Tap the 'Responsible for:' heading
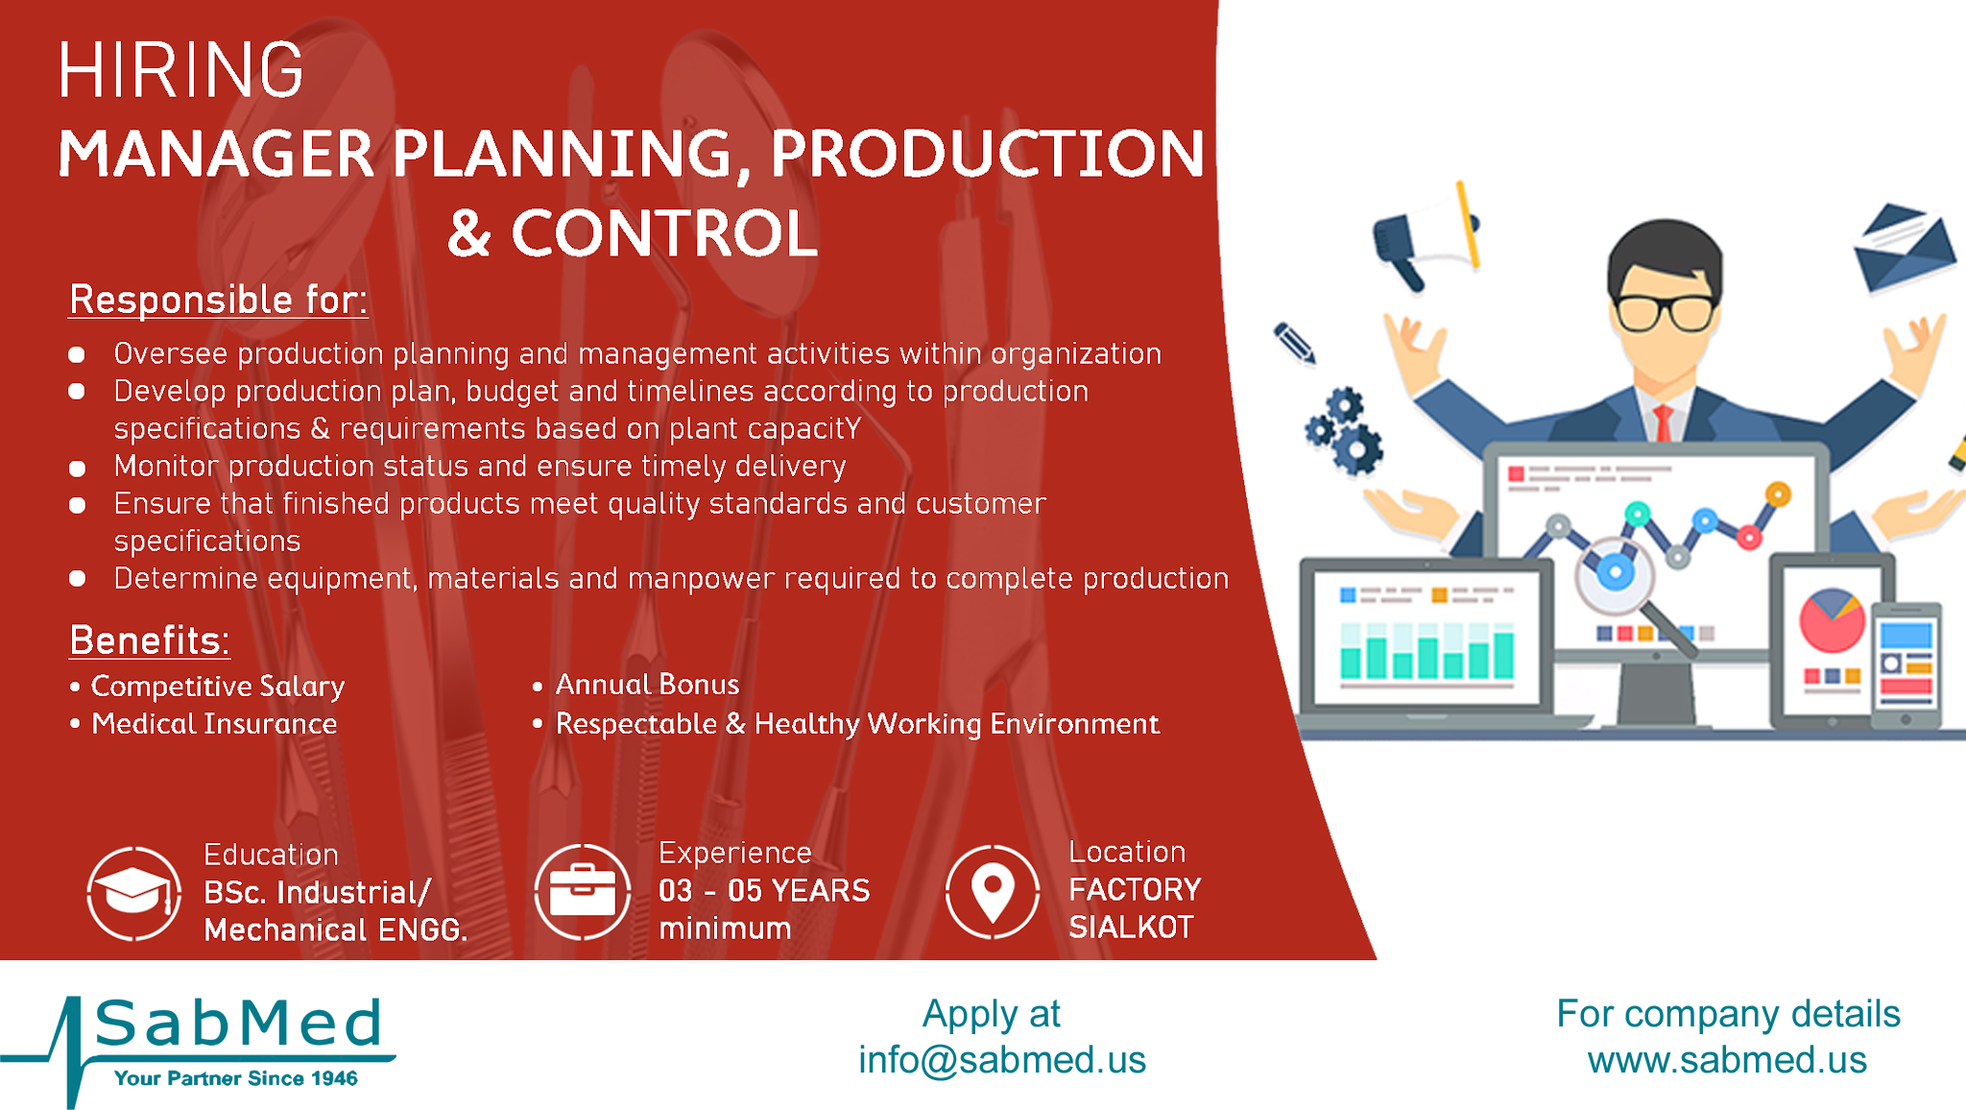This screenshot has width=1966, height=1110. pos(218,300)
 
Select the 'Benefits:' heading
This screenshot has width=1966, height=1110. pos(150,640)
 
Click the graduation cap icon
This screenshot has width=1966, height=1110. pos(134,893)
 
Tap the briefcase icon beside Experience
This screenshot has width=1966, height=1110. pos(582,891)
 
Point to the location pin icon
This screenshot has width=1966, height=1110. pos(993,892)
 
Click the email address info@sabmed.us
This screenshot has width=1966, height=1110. pos(1002,1060)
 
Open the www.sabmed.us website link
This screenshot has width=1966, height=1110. pos(1727,1060)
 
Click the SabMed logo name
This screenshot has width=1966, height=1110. pos(239,1023)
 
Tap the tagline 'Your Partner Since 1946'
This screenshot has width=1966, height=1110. pos(236,1078)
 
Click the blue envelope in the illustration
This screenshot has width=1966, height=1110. pos(1906,248)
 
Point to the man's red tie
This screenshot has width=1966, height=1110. pos(1663,422)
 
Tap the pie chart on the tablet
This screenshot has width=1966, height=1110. pos(1833,620)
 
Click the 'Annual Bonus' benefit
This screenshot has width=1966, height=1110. pos(648,685)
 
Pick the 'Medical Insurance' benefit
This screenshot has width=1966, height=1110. pos(214,724)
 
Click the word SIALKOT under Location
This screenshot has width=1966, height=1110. pos(1132,928)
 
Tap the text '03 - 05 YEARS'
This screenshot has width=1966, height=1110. pos(764,891)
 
